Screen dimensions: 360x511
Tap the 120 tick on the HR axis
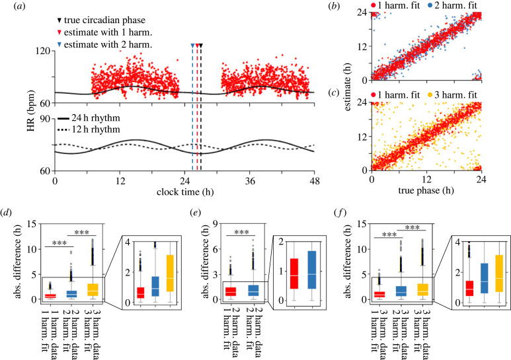pos(44,51)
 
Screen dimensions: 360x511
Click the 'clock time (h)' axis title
pos(185,192)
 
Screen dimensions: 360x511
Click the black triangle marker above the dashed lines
pos(201,46)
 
